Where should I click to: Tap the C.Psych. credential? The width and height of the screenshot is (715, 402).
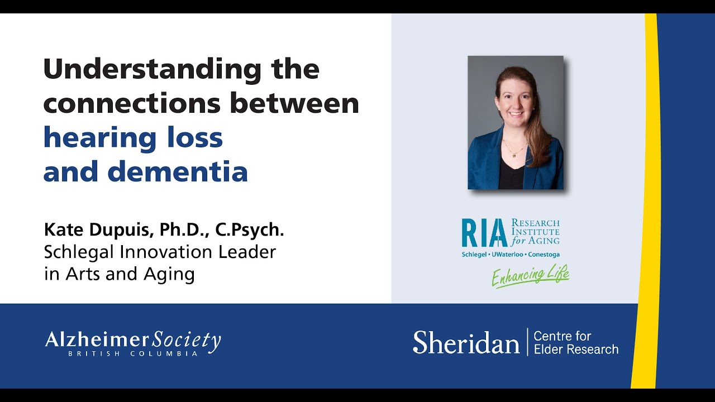[254, 229]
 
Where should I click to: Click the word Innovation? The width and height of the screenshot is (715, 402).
[163, 252]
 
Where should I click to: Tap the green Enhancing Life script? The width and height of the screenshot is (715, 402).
[530, 276]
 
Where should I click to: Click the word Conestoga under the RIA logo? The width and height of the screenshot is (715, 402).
[542, 255]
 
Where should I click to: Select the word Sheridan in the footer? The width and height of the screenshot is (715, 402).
[466, 342]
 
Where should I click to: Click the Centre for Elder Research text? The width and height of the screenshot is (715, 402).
[576, 343]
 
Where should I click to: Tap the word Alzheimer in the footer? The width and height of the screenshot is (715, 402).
[97, 339]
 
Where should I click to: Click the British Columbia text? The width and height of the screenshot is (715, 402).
[133, 353]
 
